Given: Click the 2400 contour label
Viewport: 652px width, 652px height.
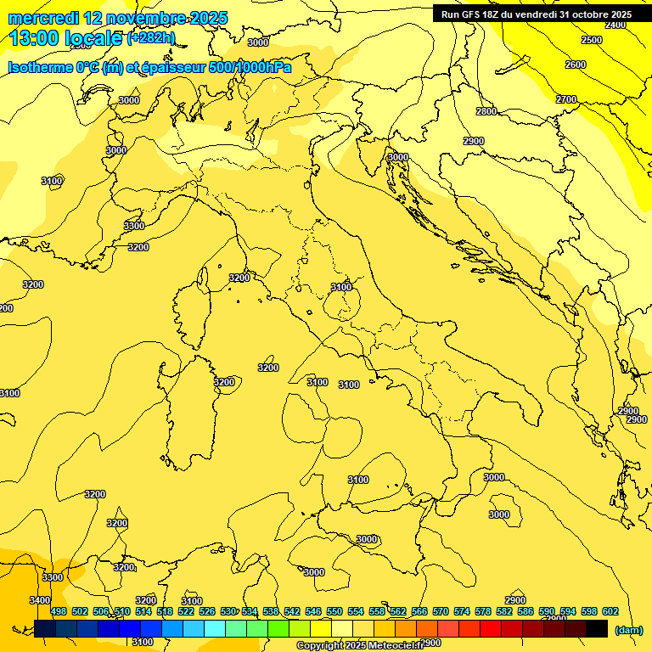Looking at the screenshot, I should click(x=615, y=25).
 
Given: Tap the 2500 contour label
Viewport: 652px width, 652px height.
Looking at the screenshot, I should click(x=592, y=40).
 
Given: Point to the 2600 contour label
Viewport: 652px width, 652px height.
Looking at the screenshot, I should click(x=576, y=65).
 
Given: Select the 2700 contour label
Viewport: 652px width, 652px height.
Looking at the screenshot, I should click(x=566, y=99).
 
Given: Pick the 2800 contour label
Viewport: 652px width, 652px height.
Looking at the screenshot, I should click(x=486, y=111).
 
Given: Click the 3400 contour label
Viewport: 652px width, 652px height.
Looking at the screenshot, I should click(x=40, y=600).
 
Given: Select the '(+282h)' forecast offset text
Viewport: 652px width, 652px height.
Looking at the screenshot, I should click(x=151, y=38).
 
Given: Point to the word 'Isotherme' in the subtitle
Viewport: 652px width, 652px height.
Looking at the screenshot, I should click(x=39, y=67).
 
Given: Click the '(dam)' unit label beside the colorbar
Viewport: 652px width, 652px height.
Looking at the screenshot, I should click(x=628, y=630).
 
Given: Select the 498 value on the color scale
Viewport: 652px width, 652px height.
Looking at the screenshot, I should click(x=59, y=611).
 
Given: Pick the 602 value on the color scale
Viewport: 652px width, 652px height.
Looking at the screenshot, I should click(x=610, y=611).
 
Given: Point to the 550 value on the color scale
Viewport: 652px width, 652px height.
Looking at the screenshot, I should click(x=334, y=611).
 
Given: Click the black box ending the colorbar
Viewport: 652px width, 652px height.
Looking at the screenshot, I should click(x=596, y=629).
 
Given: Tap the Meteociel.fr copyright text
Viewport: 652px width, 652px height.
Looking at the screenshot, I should click(x=360, y=646).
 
